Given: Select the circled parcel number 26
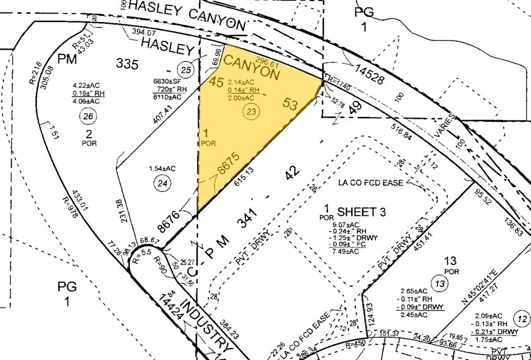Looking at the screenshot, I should (x=89, y=118).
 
